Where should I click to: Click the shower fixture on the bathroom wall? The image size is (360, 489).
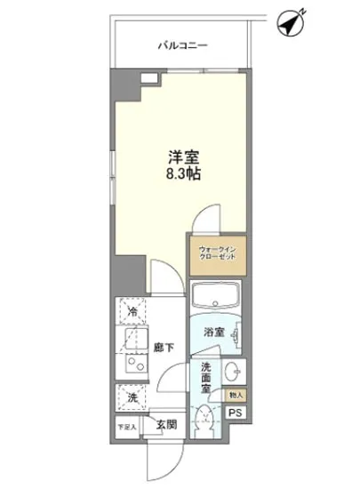click(x=235, y=335)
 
